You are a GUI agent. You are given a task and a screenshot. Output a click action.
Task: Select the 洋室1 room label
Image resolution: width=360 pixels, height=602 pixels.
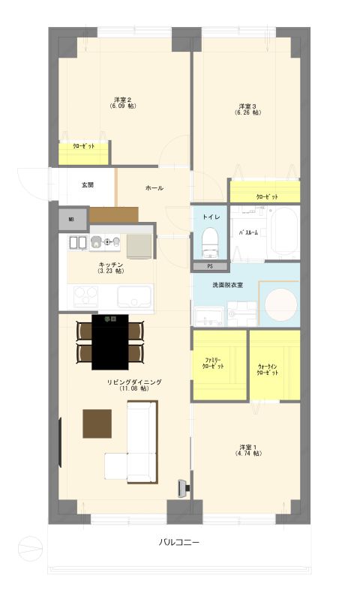pos(248,449)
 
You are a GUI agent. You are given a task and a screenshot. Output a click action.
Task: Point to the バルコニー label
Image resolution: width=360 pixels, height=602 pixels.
pos(178,541)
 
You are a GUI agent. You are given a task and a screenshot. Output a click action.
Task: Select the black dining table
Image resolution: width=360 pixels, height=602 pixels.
pos(111,343)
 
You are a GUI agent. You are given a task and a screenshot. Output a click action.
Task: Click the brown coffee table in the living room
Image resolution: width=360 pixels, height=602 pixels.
pos(97,423)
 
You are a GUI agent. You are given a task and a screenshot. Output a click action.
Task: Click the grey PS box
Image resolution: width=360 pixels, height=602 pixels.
pos(210,266)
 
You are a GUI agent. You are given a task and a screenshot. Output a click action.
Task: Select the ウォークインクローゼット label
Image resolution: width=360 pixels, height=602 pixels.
pos(268,368)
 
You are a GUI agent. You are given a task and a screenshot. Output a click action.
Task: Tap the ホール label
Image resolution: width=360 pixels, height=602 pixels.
pos(154,187)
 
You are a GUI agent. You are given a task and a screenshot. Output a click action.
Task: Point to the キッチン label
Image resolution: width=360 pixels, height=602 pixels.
pos(111,266)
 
